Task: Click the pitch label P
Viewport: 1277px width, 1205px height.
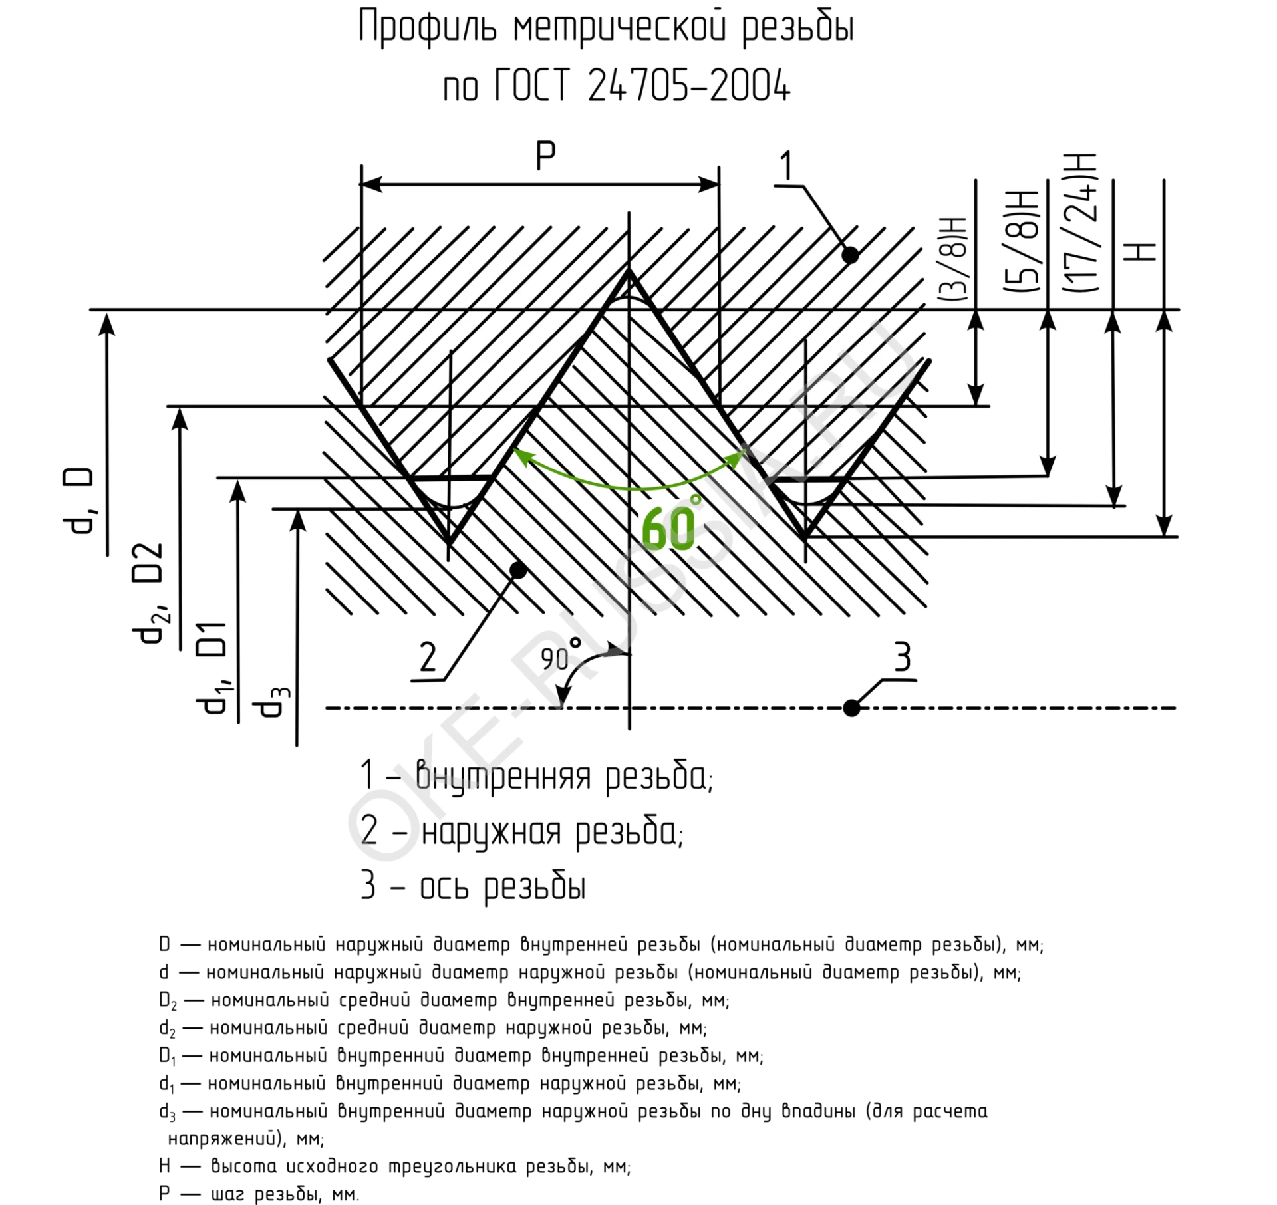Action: pyautogui.click(x=545, y=157)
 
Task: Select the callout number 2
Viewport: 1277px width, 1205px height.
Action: pyautogui.click(x=427, y=657)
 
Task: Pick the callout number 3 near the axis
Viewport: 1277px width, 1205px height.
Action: pyautogui.click(x=902, y=658)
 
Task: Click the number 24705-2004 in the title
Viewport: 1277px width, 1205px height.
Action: pyautogui.click(x=689, y=86)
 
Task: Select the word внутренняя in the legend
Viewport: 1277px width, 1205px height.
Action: pyautogui.click(x=503, y=776)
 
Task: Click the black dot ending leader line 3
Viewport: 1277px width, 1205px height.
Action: pyautogui.click(x=851, y=708)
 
